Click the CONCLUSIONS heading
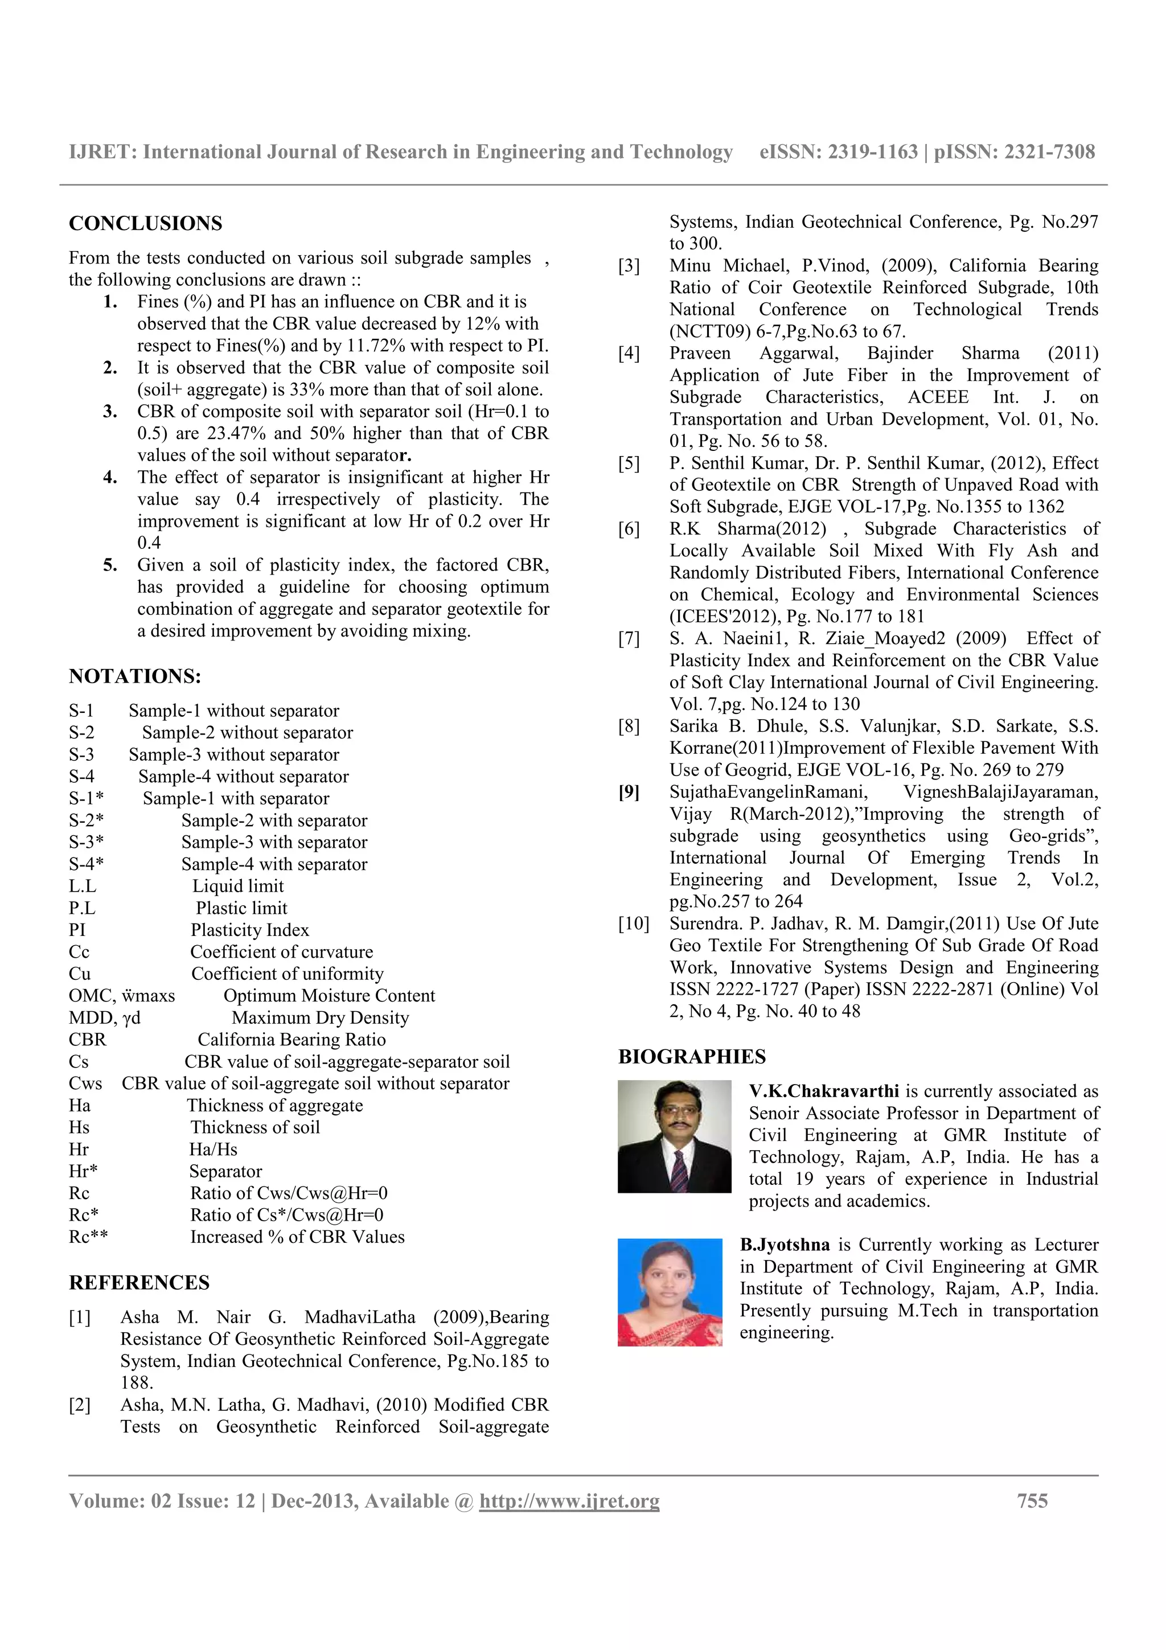tap(145, 224)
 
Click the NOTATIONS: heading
tap(134, 676)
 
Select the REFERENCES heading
tap(139, 1283)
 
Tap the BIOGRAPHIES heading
tap(691, 1056)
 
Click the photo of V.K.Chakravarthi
tap(674, 1136)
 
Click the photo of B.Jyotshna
tap(669, 1291)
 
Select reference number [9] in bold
tap(629, 792)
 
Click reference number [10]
tap(633, 923)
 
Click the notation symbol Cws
tap(85, 1083)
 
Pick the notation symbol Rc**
tap(88, 1237)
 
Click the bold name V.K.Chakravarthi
tap(823, 1091)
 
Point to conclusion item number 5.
tap(110, 565)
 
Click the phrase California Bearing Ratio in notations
tap(291, 1039)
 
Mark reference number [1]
tap(80, 1317)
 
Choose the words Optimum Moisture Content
tap(329, 995)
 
